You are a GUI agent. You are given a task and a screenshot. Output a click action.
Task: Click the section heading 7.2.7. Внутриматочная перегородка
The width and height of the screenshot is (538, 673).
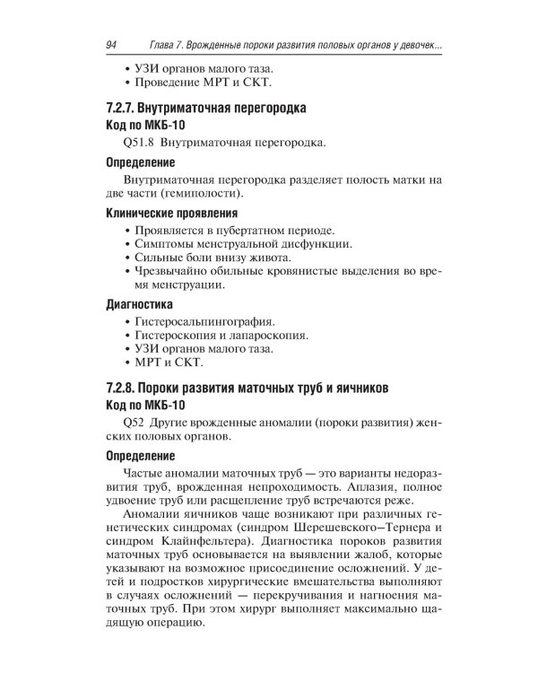point(205,109)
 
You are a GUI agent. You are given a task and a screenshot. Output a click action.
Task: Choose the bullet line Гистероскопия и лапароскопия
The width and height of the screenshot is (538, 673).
point(221,335)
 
